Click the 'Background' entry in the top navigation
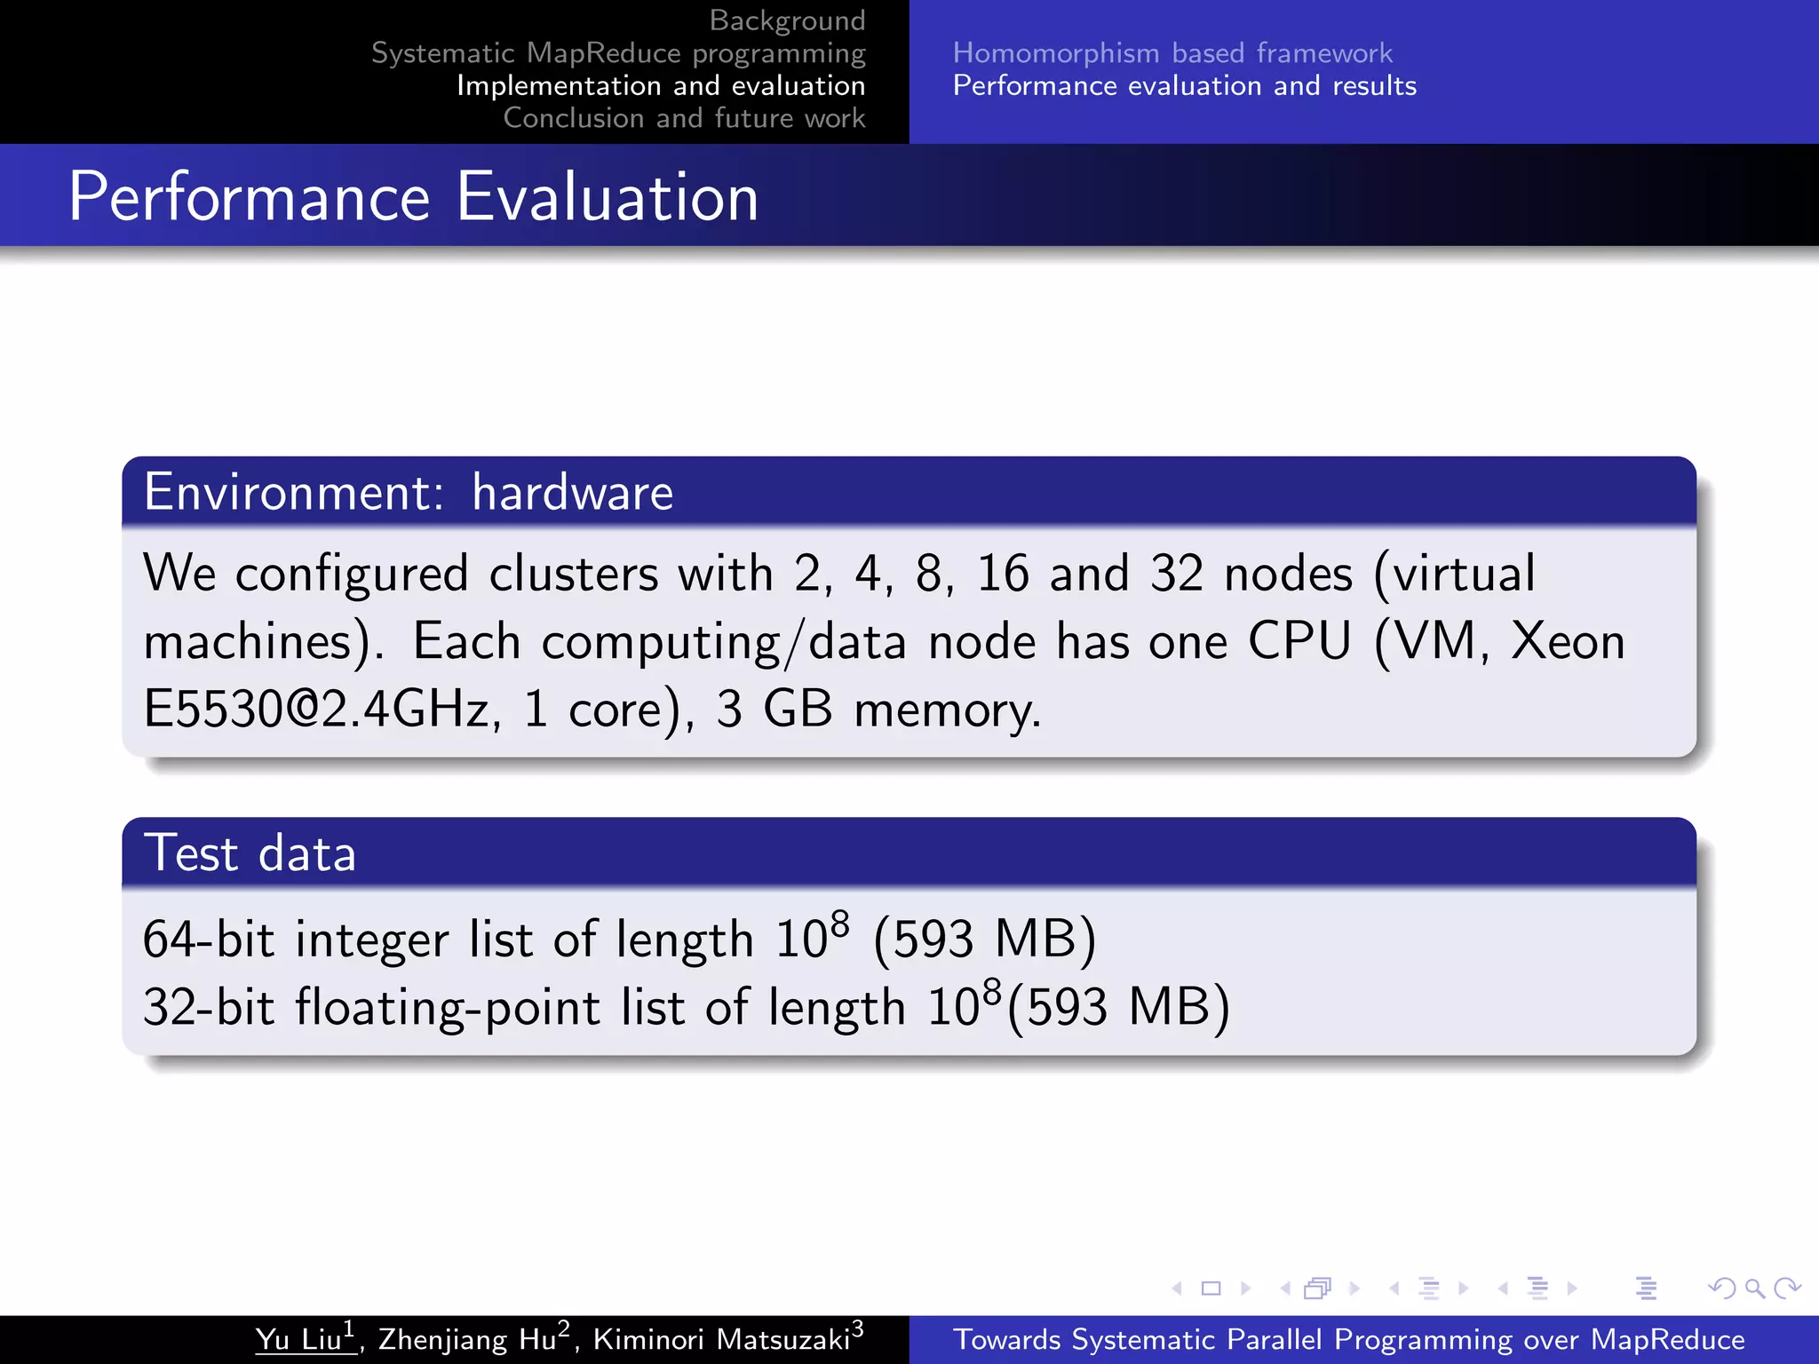click(787, 20)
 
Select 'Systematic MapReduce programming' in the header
click(618, 53)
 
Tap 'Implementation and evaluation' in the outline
click(661, 86)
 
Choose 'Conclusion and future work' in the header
click(684, 118)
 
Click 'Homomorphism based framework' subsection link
click(1172, 53)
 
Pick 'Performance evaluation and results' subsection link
click(1185, 86)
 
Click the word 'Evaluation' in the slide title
click(608, 197)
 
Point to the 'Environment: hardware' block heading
click(409, 492)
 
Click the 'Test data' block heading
click(250, 853)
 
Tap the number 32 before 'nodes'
click(1177, 574)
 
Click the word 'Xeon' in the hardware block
click(1568, 641)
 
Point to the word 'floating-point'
click(448, 1009)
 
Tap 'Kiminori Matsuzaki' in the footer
click(721, 1339)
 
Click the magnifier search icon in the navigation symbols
click(1754, 1288)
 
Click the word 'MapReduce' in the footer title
click(1667, 1339)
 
